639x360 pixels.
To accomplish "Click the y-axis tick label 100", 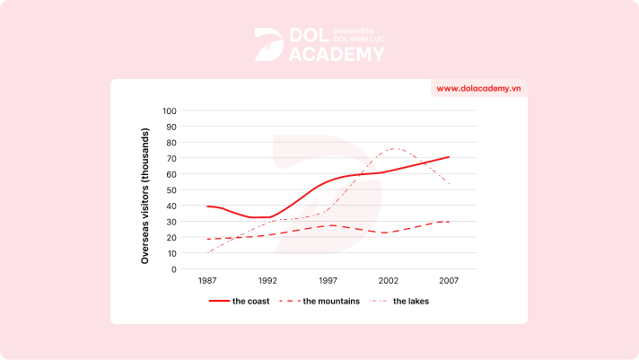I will click(171, 111).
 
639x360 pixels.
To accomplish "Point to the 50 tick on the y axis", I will click(172, 189).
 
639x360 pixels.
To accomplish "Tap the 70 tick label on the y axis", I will click(172, 158).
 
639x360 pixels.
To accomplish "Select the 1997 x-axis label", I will click(328, 281).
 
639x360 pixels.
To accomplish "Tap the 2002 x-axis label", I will click(389, 281).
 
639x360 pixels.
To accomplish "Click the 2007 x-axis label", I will click(449, 281).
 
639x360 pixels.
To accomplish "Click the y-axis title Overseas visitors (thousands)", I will click(144, 189).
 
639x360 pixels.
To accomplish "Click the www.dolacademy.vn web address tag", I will click(479, 88).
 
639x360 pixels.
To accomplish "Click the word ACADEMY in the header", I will click(337, 54).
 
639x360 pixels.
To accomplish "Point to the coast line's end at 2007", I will click(449, 157).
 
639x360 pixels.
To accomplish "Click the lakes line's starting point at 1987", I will click(207, 252).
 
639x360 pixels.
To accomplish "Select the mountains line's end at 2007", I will click(449, 221).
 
